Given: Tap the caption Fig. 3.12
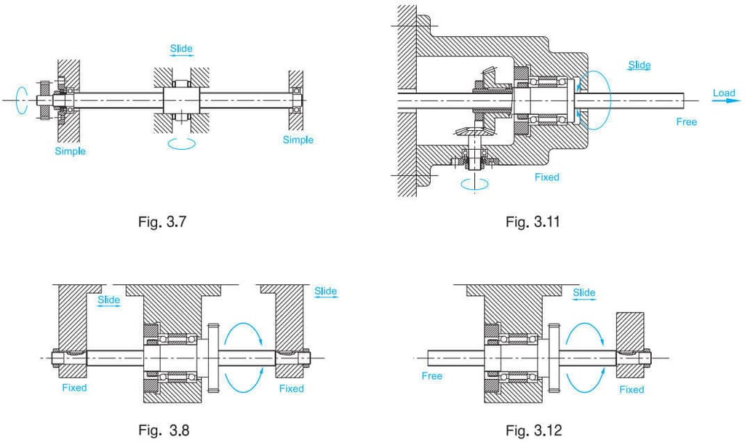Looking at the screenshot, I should pyautogui.click(x=533, y=431).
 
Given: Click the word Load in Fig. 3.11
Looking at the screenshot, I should pyautogui.click(x=724, y=93).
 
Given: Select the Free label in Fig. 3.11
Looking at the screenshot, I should pyautogui.click(x=686, y=121).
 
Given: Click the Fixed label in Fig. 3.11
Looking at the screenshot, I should pyautogui.click(x=546, y=177).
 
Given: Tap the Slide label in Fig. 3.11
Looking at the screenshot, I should pyautogui.click(x=639, y=65).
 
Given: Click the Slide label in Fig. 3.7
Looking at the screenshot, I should pyautogui.click(x=181, y=49).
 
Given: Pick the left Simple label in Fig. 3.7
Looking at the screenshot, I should pyautogui.click(x=70, y=151).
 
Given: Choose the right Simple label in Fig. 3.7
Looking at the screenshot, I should pyautogui.click(x=298, y=140).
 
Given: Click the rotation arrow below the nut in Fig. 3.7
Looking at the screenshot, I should pyautogui.click(x=181, y=144).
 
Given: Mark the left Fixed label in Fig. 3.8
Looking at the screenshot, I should pyautogui.click(x=74, y=388).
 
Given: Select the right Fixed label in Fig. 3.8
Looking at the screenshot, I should pyautogui.click(x=291, y=388).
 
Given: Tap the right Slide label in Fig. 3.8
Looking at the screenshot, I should pyautogui.click(x=325, y=292).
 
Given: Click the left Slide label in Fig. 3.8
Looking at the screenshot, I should pyautogui.click(x=108, y=300).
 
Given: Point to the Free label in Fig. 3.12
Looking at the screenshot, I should pyautogui.click(x=432, y=376).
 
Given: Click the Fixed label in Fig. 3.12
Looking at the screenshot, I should pyautogui.click(x=632, y=389).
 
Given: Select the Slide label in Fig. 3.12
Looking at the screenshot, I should pyautogui.click(x=583, y=293).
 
